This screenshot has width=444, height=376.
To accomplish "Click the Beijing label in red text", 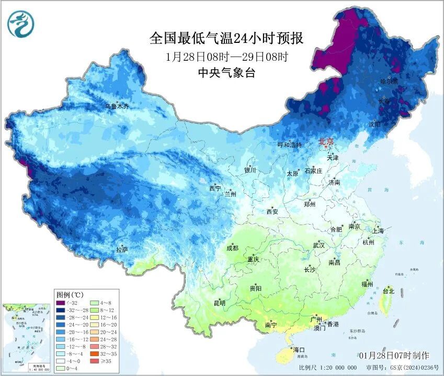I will coord(326,141).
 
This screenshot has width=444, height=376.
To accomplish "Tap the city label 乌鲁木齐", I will coord(116,106).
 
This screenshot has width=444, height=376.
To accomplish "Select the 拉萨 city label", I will coord(122,250).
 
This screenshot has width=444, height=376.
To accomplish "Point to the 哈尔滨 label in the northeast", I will coord(389,82).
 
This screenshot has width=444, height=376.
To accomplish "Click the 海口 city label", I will coord(299,350).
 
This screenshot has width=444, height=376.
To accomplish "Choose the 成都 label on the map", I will coord(232,248).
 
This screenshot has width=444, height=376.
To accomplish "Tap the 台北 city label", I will coord(389,291).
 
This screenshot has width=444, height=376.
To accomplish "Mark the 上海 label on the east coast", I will coord(378,231).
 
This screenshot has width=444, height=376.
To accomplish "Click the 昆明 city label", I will coord(219,303).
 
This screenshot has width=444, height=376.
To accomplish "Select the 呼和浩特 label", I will coord(289,145).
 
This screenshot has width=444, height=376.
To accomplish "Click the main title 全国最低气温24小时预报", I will coord(226,38).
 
